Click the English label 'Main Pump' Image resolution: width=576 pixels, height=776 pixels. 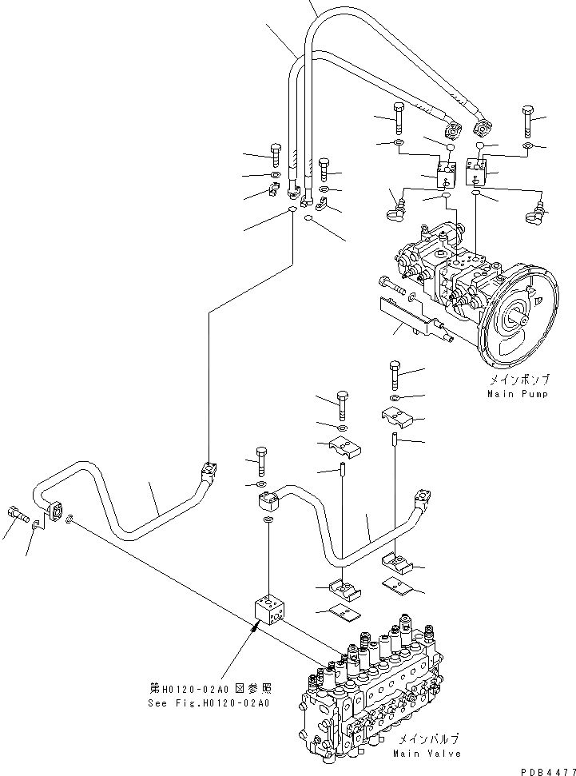coord(518,394)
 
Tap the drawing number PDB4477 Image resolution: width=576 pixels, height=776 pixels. coord(548,769)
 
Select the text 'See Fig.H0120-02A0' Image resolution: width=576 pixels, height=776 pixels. coord(209,703)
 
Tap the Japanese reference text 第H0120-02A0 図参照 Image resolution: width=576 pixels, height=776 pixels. coord(210,689)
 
